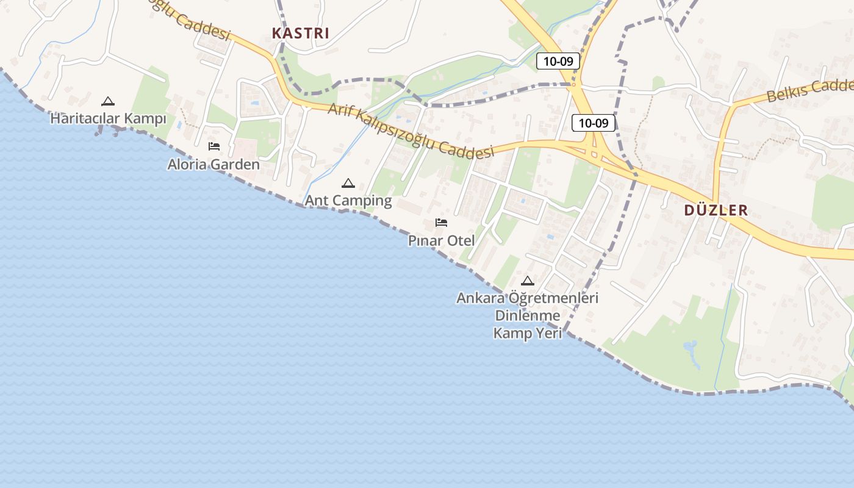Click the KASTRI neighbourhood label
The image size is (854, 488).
(300, 33)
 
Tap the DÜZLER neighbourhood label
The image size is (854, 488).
(716, 210)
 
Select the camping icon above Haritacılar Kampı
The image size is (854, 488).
(108, 101)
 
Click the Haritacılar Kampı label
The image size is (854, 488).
(108, 118)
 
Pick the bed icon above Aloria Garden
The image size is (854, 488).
(213, 146)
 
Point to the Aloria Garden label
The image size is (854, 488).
(213, 165)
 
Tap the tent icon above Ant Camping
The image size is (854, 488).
(348, 183)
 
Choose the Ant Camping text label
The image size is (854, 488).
(348, 200)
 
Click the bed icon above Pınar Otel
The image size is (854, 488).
(441, 223)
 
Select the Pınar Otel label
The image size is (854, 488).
(441, 240)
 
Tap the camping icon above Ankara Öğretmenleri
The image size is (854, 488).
(528, 281)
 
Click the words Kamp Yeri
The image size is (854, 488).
(528, 333)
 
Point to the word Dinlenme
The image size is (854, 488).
(528, 316)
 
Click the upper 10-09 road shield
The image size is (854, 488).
(558, 61)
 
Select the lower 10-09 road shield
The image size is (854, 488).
(594, 123)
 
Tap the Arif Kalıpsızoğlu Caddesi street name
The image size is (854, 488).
(410, 131)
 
